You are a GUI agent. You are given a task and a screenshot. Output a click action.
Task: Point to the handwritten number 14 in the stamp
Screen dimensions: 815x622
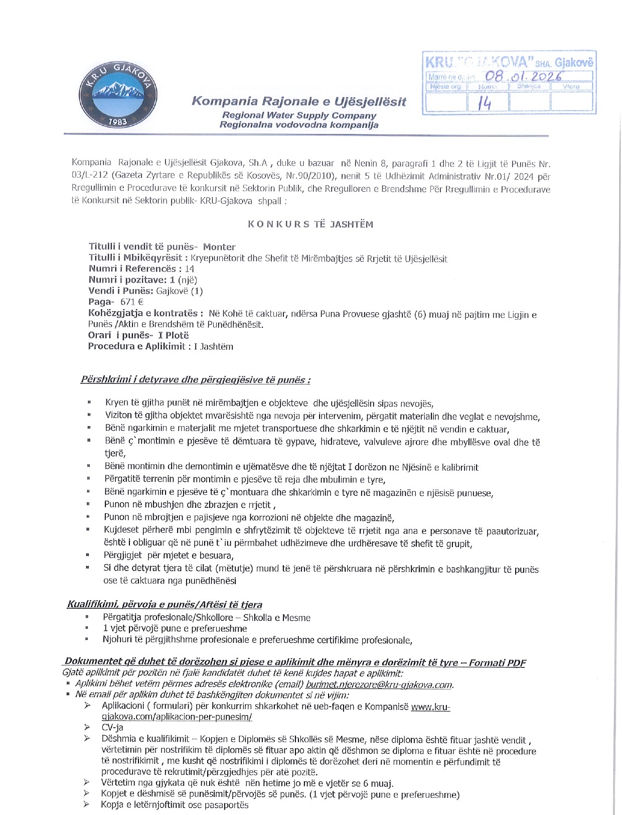coord(485,102)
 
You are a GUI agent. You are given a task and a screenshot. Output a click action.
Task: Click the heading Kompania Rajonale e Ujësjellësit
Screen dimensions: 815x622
coord(298,101)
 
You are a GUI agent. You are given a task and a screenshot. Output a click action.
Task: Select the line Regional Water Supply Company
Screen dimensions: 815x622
coord(299,115)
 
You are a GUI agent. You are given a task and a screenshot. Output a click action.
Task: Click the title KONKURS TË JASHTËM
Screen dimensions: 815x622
coord(310,224)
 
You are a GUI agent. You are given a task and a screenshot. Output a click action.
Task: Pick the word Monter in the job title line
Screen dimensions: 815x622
coord(219,247)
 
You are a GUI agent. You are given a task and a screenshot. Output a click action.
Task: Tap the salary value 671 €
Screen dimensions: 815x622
coord(132,302)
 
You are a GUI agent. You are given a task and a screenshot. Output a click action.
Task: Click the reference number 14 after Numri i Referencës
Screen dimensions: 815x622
coord(189,269)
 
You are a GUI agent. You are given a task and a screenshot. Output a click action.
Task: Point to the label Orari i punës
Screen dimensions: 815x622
coord(119,335)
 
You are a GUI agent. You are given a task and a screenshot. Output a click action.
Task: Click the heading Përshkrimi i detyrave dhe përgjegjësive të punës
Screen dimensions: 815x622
coord(195,380)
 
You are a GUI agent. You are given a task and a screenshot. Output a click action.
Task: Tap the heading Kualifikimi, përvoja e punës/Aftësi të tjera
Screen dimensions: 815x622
coord(165,605)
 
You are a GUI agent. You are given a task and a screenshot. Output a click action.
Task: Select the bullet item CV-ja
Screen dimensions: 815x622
coord(112,728)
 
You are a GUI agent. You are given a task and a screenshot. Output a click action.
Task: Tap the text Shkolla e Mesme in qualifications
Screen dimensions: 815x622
coord(276,618)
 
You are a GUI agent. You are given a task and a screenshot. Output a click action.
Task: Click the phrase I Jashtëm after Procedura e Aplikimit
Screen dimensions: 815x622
coord(214,346)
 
